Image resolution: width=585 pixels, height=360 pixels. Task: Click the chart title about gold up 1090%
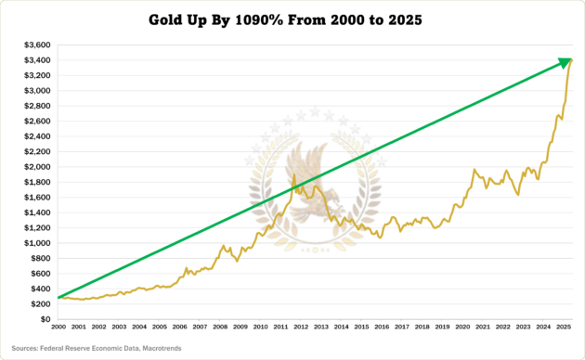coord(292,19)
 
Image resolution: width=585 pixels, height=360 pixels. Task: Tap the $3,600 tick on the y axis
coord(39,45)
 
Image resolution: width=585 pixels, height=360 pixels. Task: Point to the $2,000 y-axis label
coord(39,167)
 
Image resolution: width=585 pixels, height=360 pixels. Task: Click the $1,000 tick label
coord(39,243)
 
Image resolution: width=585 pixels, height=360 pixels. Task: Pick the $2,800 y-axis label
coord(39,106)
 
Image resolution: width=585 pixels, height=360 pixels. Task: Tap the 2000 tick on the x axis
coord(58,328)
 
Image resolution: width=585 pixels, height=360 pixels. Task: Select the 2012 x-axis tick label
coord(301,328)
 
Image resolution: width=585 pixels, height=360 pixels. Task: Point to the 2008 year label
coord(220,328)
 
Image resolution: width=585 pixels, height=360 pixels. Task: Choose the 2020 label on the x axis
coord(462,328)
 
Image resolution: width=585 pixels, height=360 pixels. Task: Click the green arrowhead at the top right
coord(565,61)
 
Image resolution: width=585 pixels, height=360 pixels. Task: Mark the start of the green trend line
coord(58,298)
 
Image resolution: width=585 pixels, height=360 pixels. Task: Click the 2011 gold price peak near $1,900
coord(294,174)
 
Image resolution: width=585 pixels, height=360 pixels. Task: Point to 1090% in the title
coord(261,19)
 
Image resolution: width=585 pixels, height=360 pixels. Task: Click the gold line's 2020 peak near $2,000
coord(474,170)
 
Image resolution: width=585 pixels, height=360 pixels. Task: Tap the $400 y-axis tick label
coord(43,289)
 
